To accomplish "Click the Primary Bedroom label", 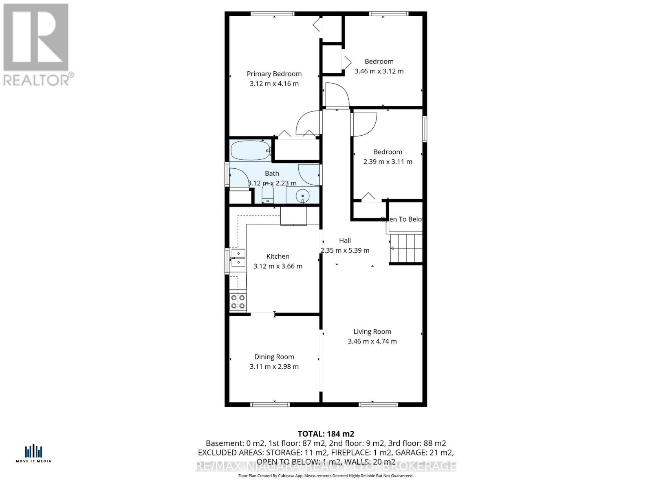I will point(274,74).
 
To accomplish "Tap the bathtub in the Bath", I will point(251,150).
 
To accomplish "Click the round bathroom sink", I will point(303,196).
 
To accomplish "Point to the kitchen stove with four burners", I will point(238,302).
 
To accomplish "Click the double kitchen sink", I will point(238,258).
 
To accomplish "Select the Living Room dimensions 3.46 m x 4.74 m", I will point(372,341).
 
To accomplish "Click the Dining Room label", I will point(274,357).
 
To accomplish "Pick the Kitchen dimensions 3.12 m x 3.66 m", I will point(278,266).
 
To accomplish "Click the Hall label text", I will point(345,241).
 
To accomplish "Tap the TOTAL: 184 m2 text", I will point(326,434).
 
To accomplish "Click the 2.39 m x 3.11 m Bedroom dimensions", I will point(388,162).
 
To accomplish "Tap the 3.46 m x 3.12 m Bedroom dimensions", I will point(379,71).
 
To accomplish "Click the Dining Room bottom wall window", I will point(270,404).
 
